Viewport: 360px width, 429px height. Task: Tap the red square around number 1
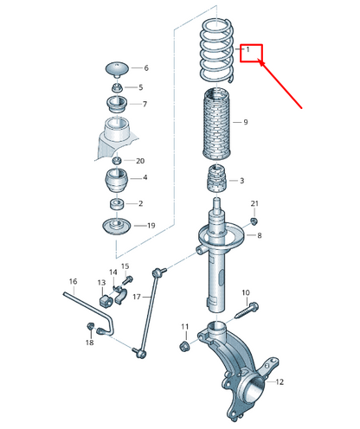[251, 45]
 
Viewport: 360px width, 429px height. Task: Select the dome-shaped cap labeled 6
[117, 69]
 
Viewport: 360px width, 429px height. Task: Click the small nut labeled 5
[118, 87]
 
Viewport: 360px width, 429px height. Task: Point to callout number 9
[246, 122]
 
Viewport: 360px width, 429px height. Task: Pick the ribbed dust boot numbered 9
[216, 125]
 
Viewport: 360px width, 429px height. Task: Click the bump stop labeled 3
[217, 178]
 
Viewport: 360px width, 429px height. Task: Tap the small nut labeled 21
[254, 221]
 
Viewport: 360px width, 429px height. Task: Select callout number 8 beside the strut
[260, 235]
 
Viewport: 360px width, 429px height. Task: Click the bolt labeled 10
[247, 311]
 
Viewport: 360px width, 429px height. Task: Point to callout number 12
[280, 381]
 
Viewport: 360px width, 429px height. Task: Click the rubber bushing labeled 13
[106, 300]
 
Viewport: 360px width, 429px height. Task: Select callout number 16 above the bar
[74, 281]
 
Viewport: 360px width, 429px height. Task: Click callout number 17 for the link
[137, 297]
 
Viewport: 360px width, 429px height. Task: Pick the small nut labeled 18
[90, 326]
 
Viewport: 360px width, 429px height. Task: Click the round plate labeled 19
[117, 227]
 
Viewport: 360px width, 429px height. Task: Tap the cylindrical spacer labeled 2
[117, 204]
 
